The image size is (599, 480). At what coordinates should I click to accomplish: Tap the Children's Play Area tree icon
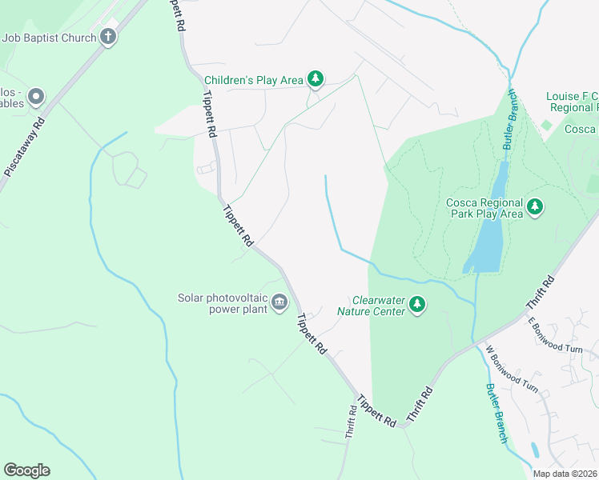point(316,79)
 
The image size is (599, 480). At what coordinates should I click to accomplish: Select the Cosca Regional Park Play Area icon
point(535,208)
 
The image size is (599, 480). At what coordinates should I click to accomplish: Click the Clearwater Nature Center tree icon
point(416,305)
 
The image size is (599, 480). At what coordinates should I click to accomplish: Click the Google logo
point(26,470)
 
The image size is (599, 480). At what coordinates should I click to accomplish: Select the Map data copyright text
point(565,474)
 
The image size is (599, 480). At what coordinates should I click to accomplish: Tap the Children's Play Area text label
point(254,80)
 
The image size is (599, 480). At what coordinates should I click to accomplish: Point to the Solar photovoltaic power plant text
point(223,304)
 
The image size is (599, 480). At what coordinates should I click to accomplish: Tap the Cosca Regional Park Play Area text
point(484,208)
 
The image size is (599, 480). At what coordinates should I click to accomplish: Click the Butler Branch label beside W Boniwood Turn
point(496,413)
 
